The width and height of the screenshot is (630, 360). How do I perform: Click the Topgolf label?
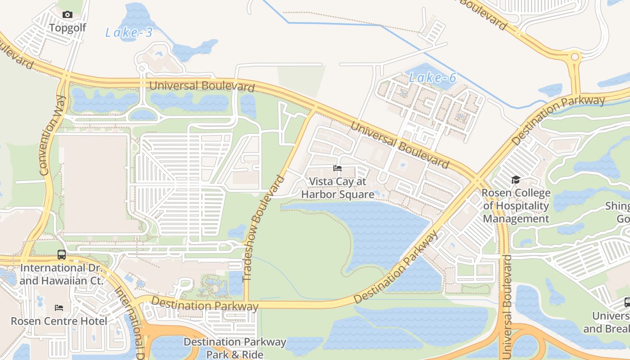tap(67, 28)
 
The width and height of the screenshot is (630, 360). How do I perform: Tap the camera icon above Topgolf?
tap(67, 15)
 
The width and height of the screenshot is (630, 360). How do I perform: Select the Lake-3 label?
tap(129, 32)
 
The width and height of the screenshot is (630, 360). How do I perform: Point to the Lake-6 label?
tap(432, 78)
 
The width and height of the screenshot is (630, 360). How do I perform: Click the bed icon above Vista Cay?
tap(337, 168)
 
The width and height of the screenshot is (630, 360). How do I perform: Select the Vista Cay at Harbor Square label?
tap(337, 188)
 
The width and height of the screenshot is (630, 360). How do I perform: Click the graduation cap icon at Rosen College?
tap(516, 180)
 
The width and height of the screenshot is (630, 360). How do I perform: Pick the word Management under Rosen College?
tap(516, 219)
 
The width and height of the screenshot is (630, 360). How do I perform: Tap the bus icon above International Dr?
tap(62, 255)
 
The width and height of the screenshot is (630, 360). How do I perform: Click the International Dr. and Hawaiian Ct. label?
tap(62, 274)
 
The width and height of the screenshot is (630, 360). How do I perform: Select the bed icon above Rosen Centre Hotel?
tap(59, 308)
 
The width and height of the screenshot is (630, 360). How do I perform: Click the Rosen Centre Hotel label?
tap(59, 321)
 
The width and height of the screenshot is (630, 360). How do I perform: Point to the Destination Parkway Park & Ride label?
tap(235, 348)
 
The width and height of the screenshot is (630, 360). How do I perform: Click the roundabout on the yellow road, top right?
tap(575, 57)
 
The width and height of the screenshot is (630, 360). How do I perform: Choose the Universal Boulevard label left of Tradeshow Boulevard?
tap(202, 85)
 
